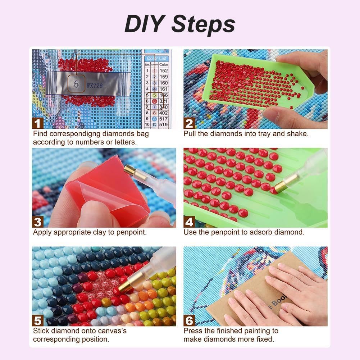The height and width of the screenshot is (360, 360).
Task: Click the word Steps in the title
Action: pyautogui.click(x=203, y=24)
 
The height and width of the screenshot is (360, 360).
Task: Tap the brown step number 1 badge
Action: pyautogui.click(x=38, y=123)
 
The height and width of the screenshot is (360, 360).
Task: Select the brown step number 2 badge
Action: pyautogui.click(x=189, y=123)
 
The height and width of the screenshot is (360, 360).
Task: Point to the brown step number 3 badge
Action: pyautogui.click(x=38, y=222)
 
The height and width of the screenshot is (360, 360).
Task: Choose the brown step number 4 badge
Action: pyautogui.click(x=189, y=222)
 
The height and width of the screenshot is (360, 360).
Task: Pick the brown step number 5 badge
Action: pyautogui.click(x=38, y=320)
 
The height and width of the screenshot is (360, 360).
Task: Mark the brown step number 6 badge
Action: pyautogui.click(x=189, y=320)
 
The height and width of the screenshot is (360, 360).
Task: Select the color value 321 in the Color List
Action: pyautogui.click(x=164, y=101)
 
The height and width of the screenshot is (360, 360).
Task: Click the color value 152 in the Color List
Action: pyautogui.click(x=164, y=70)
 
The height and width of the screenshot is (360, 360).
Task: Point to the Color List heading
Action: pyautogui.click(x=157, y=58)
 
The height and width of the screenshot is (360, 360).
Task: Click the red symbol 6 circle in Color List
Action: pyautogui.click(x=154, y=101)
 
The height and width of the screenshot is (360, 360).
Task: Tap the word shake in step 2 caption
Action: pyautogui.click(x=299, y=134)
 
